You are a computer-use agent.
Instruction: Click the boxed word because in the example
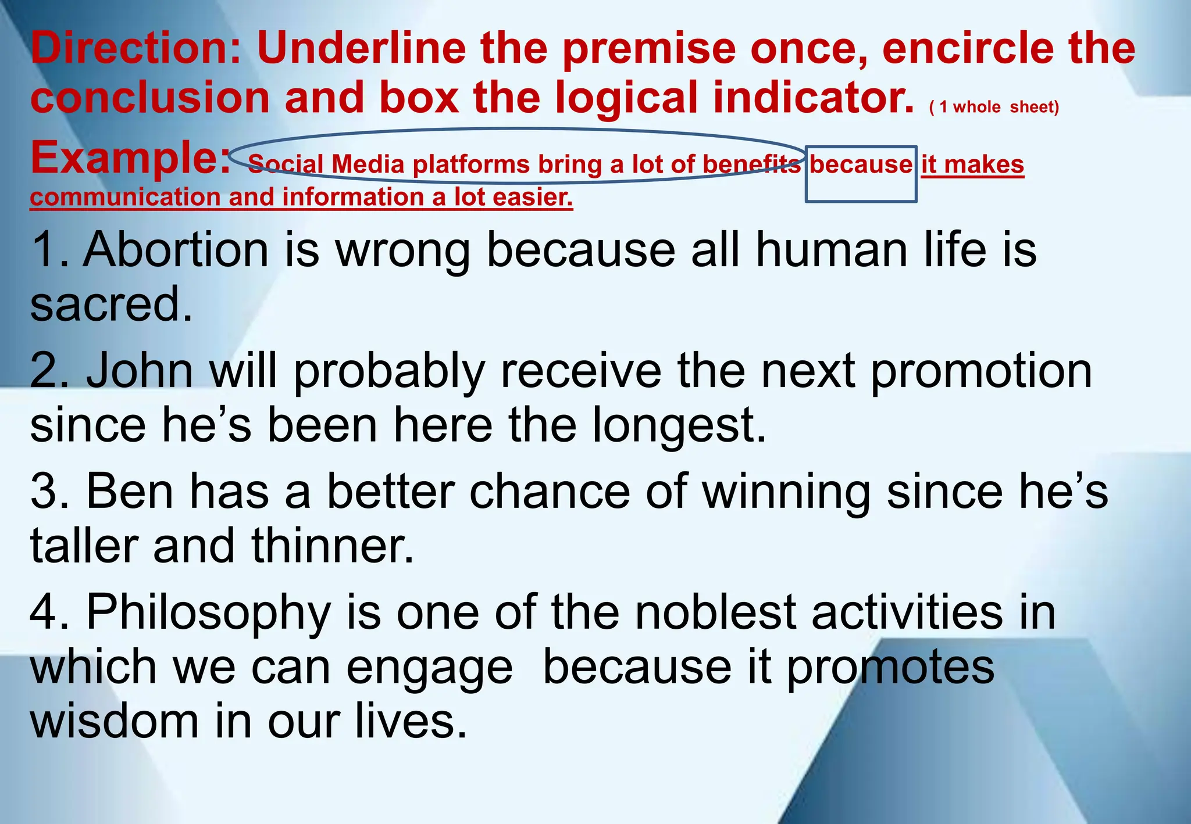pyautogui.click(x=861, y=165)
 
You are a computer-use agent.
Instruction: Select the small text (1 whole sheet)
pyautogui.click(x=994, y=107)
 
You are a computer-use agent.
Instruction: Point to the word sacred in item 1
pyautogui.click(x=110, y=304)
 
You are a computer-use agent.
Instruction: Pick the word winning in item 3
pyautogui.click(x=786, y=492)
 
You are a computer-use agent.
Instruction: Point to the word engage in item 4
pyautogui.click(x=430, y=668)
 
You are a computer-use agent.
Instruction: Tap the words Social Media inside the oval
pyautogui.click(x=326, y=165)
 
